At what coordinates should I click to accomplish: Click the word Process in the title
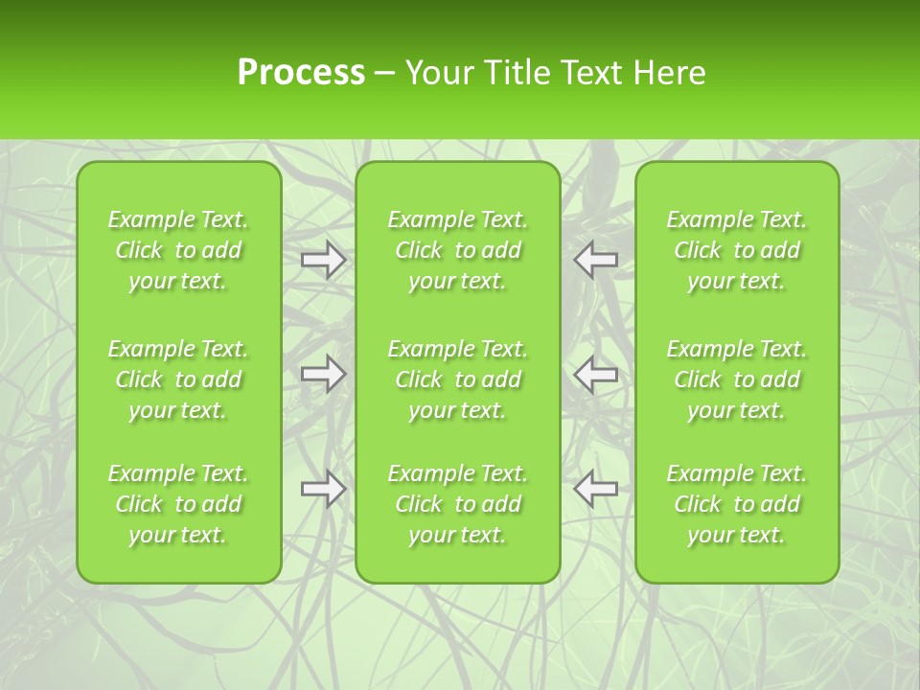pyautogui.click(x=301, y=73)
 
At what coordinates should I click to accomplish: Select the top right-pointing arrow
pyautogui.click(x=323, y=260)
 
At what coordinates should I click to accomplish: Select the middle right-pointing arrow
pyautogui.click(x=323, y=375)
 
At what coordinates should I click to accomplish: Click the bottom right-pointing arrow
pyautogui.click(x=323, y=489)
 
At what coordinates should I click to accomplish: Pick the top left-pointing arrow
pyautogui.click(x=596, y=260)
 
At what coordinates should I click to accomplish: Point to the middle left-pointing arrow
pyautogui.click(x=596, y=375)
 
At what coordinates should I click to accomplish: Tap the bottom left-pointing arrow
pyautogui.click(x=596, y=489)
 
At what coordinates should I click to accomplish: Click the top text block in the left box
pyautogui.click(x=178, y=250)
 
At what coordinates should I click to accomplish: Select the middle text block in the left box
pyautogui.click(x=178, y=379)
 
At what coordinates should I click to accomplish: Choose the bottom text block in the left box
pyautogui.click(x=178, y=504)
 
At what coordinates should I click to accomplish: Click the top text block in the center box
pyautogui.click(x=457, y=250)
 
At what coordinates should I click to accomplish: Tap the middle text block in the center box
pyautogui.click(x=457, y=379)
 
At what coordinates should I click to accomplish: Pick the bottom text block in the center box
pyautogui.click(x=457, y=504)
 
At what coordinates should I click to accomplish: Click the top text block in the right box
pyautogui.click(x=737, y=250)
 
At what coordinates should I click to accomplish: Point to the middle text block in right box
pyautogui.click(x=737, y=379)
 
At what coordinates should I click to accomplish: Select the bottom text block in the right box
pyautogui.click(x=737, y=504)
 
